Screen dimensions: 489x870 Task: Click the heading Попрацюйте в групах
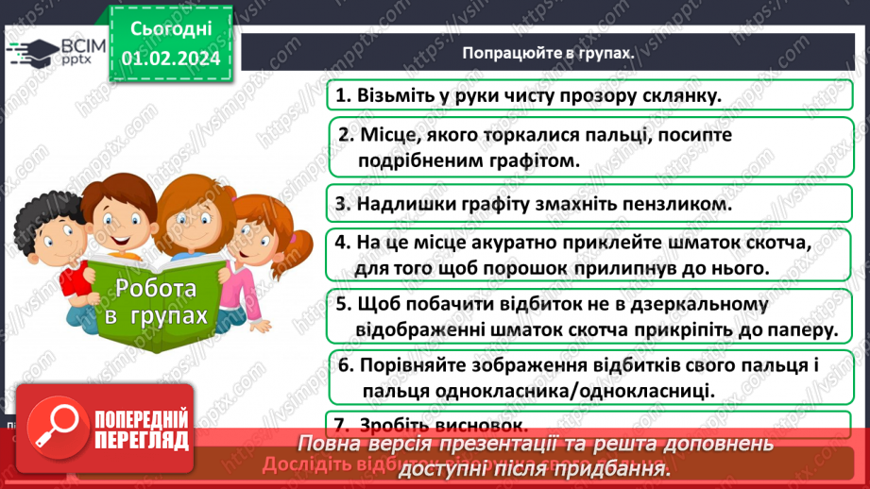click(x=548, y=53)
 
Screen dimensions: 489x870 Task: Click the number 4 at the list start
click(x=341, y=243)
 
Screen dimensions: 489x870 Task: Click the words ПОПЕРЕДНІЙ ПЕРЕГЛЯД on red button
click(x=143, y=430)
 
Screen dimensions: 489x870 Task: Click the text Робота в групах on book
click(x=156, y=302)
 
